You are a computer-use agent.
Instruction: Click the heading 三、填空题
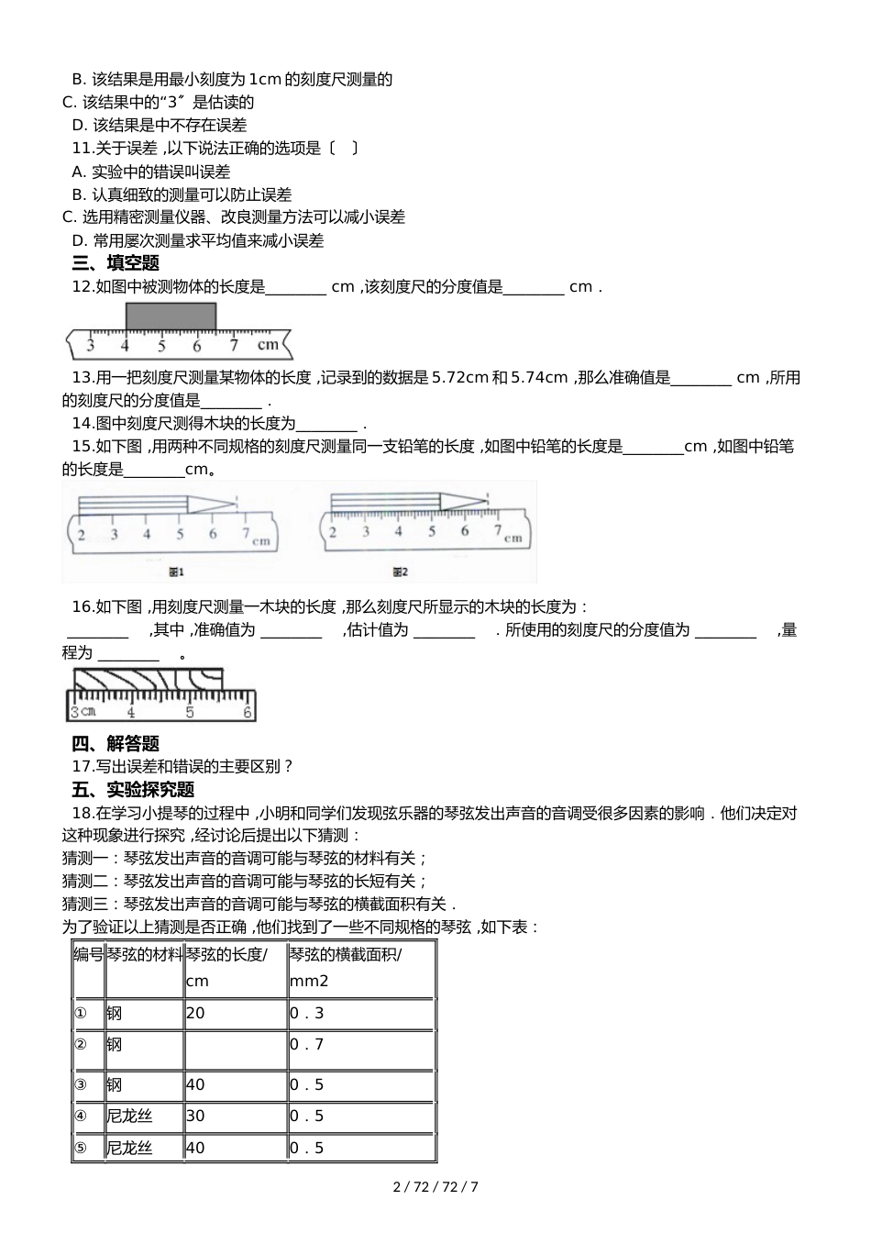tap(116, 263)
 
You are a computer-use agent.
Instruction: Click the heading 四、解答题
tap(116, 743)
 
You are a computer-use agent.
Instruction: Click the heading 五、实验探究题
tap(133, 789)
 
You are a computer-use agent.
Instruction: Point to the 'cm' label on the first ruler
tap(267, 345)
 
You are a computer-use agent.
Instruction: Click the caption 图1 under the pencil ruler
tap(176, 572)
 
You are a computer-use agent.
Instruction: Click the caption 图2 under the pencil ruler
tap(400, 572)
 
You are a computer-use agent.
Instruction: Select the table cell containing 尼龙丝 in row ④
tap(144, 1116)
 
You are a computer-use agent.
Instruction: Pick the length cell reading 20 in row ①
tap(236, 1013)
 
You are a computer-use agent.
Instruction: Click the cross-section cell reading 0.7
tap(360, 1045)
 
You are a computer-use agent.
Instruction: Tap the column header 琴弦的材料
tap(144, 955)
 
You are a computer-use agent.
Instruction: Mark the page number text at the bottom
tap(435, 1186)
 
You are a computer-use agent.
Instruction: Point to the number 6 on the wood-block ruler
tap(248, 712)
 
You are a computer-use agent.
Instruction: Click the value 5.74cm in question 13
tap(539, 377)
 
